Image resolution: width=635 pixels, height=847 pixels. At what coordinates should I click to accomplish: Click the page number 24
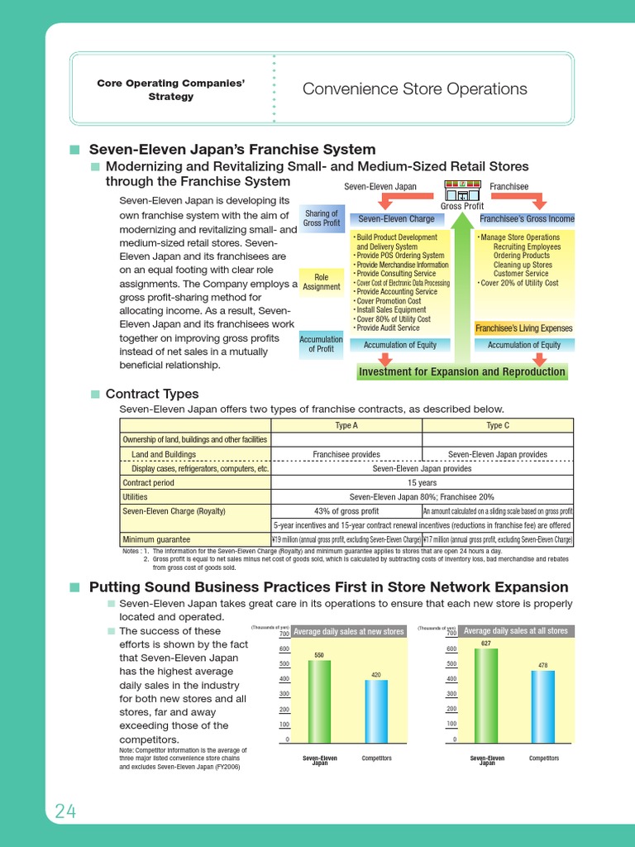tap(65, 811)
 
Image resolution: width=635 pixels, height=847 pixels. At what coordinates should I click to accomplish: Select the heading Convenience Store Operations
tap(414, 89)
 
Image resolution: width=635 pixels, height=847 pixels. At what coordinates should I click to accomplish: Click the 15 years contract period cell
tap(422, 481)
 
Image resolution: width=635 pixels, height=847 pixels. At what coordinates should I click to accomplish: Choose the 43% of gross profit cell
tap(346, 511)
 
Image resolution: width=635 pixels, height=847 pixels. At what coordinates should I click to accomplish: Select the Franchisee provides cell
tap(346, 454)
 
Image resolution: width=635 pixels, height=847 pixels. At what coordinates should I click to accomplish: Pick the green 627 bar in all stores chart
tap(486, 694)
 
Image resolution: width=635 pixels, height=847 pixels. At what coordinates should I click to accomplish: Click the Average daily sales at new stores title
tap(349, 631)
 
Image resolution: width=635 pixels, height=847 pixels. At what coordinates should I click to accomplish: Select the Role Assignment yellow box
tap(322, 281)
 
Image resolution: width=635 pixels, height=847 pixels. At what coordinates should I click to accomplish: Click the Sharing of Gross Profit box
tap(322, 218)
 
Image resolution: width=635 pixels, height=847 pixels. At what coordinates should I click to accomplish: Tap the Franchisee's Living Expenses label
tap(524, 328)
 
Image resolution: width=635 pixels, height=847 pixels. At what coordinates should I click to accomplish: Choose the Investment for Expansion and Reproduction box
tap(462, 372)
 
